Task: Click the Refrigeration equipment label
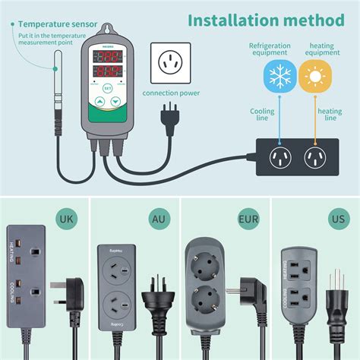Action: [270, 50]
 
